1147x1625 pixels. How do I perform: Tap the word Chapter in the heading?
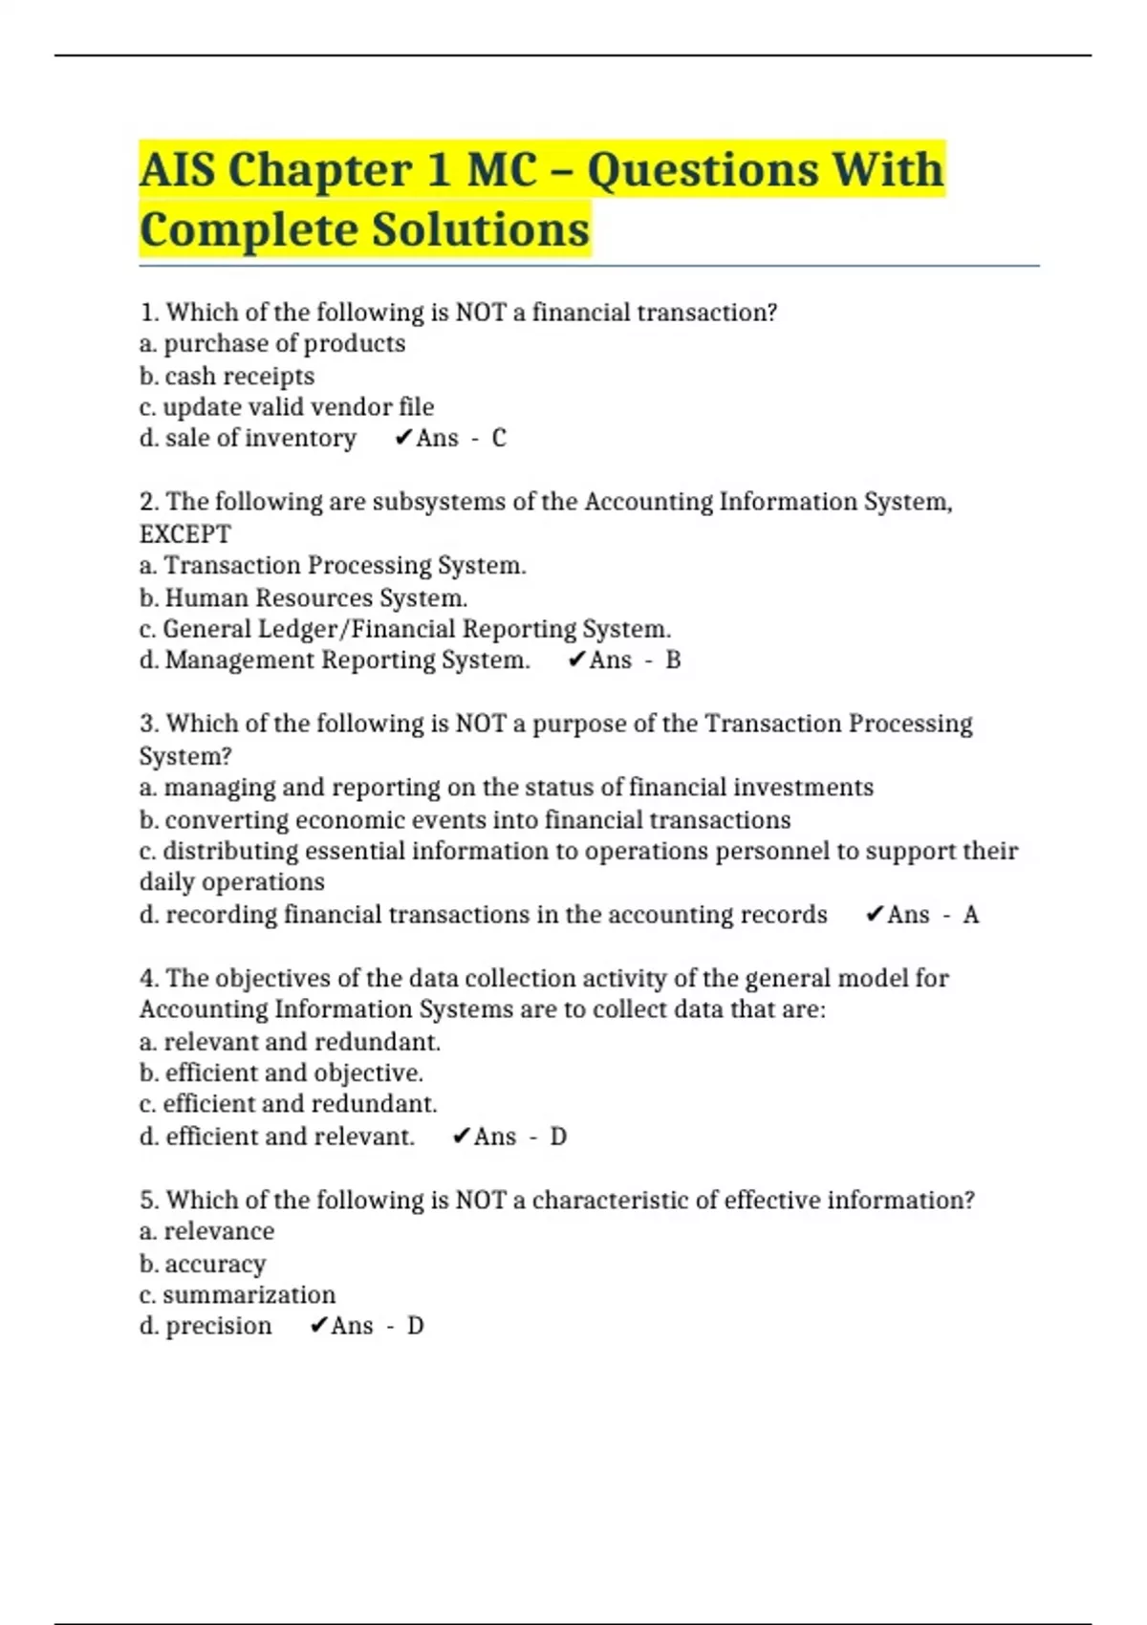320,170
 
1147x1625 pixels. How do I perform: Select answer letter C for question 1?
499,438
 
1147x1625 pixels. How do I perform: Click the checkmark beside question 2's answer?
576,660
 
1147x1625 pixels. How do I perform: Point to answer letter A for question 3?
971,915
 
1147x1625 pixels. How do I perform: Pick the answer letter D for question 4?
558,1137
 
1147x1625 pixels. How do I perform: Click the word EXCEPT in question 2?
185,533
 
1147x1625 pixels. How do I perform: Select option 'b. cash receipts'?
227,376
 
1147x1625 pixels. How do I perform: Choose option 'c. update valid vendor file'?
287,407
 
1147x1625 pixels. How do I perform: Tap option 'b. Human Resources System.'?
303,598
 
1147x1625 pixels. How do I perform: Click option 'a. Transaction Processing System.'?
333,566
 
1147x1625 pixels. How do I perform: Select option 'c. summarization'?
237,1295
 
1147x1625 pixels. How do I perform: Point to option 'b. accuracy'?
203,1264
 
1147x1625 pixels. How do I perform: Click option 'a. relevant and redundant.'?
290,1042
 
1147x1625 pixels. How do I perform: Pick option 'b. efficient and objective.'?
281,1073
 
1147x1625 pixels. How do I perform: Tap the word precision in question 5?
219,1327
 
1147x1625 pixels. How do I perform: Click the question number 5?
148,1201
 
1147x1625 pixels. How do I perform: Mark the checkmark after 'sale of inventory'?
403,438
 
